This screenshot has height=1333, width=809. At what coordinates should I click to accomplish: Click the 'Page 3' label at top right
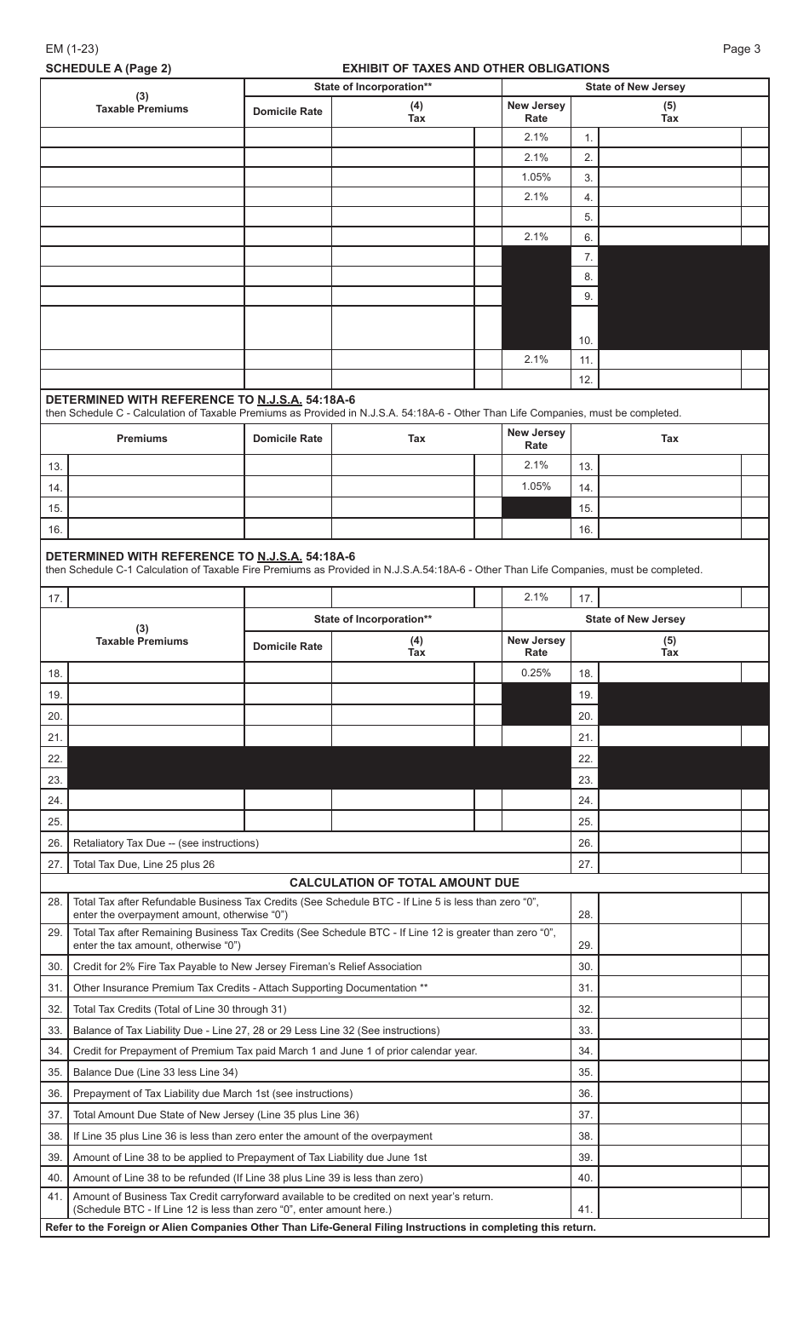[x=741, y=49]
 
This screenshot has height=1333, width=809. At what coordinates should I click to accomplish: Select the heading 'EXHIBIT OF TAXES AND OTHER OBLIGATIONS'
[x=475, y=68]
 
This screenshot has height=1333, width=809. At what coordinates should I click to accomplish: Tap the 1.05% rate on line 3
[x=536, y=177]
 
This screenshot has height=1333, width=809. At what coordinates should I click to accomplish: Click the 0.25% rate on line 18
[x=536, y=672]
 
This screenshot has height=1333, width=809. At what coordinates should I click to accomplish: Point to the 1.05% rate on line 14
[x=536, y=486]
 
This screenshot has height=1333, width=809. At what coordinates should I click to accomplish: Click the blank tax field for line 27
[x=669, y=864]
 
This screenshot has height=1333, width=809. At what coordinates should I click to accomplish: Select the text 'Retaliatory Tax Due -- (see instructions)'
[x=166, y=843]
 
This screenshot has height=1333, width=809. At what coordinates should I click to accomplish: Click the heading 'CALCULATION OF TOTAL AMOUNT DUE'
[x=404, y=882]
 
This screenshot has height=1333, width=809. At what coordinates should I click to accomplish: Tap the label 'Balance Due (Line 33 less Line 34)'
[x=156, y=1072]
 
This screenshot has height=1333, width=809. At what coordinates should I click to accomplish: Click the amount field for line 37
[x=669, y=1115]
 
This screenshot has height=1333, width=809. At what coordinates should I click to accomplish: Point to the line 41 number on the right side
[x=584, y=1209]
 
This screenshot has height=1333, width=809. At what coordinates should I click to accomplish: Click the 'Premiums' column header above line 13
[x=142, y=439]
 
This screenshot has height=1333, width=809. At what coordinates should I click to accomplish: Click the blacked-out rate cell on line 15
[x=536, y=508]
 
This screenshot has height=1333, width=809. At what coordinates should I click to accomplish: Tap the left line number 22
[x=55, y=758]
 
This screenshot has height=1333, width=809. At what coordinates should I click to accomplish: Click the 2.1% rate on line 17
[x=536, y=597]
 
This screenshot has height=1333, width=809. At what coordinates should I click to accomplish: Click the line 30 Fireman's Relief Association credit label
[x=247, y=967]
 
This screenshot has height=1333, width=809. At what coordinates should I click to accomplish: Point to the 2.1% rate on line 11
[x=536, y=359]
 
